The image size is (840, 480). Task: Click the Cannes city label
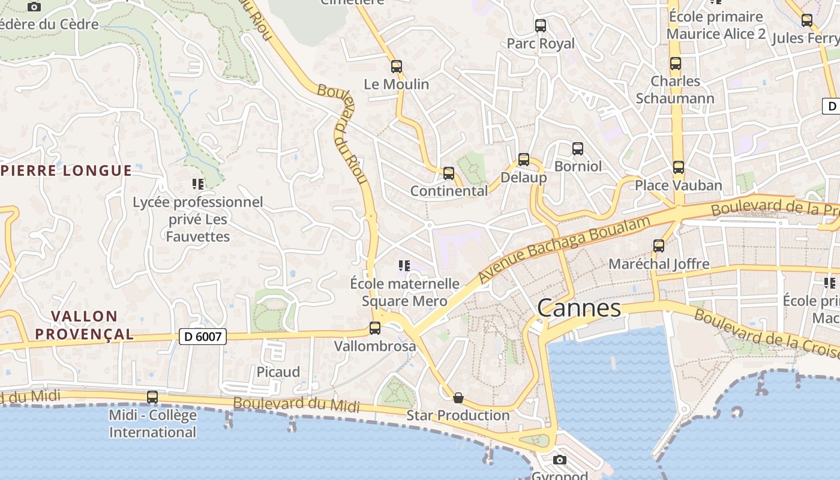tap(579, 308)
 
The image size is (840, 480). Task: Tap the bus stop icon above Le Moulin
tap(397, 67)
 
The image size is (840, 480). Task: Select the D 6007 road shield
tap(203, 337)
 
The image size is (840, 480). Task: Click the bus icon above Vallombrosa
tap(375, 328)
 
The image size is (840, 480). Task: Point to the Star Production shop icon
tap(458, 397)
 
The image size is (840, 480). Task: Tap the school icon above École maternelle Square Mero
tap(404, 265)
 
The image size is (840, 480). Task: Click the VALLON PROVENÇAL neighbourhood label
tap(84, 325)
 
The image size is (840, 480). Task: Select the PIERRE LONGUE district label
tap(66, 170)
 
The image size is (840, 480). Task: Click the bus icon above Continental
tap(449, 173)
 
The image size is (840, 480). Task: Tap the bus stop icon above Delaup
tap(524, 160)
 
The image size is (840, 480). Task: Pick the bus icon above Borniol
tap(578, 148)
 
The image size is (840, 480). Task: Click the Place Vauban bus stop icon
tap(679, 167)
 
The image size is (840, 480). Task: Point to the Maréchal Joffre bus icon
tap(659, 246)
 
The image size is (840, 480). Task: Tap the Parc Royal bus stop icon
tap(541, 26)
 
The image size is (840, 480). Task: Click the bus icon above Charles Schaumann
tap(676, 64)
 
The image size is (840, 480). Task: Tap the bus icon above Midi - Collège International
tap(152, 397)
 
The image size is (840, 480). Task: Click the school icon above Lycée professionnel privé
tap(198, 184)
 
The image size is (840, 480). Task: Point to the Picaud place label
tap(278, 372)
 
